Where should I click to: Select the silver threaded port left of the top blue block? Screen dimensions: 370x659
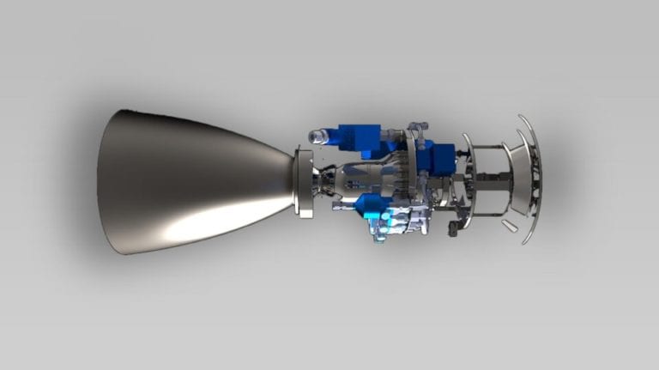[321, 136]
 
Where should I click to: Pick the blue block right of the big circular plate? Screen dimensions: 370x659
[442, 160]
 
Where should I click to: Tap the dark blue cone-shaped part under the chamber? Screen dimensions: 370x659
[372, 204]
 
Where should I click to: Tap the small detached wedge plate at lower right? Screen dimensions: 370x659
[510, 226]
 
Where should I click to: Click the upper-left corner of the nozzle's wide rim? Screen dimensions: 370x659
[126, 112]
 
